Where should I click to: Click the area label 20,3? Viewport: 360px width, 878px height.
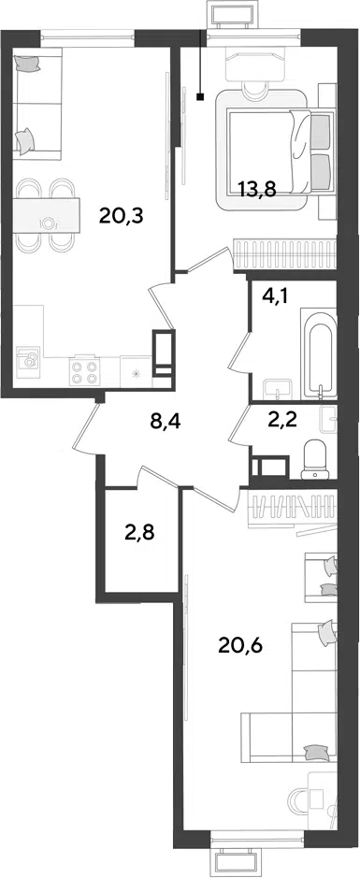pyautogui.click(x=122, y=215)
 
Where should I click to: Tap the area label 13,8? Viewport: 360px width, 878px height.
pyautogui.click(x=256, y=190)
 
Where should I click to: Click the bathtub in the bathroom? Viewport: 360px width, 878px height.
pyautogui.click(x=318, y=353)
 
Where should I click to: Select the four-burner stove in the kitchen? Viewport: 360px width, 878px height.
pyautogui.click(x=83, y=370)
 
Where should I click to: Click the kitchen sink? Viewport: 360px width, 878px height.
pyautogui.click(x=27, y=359)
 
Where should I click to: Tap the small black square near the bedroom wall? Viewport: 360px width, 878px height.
pyautogui.click(x=200, y=97)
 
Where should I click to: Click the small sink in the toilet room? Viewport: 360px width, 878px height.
pyautogui.click(x=328, y=418)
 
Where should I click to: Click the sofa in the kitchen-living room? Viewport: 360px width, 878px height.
pyautogui.click(x=37, y=101)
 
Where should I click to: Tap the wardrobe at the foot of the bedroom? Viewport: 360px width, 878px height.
pyautogui.click(x=285, y=253)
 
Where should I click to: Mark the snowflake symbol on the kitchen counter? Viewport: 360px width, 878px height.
pyautogui.click(x=137, y=371)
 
